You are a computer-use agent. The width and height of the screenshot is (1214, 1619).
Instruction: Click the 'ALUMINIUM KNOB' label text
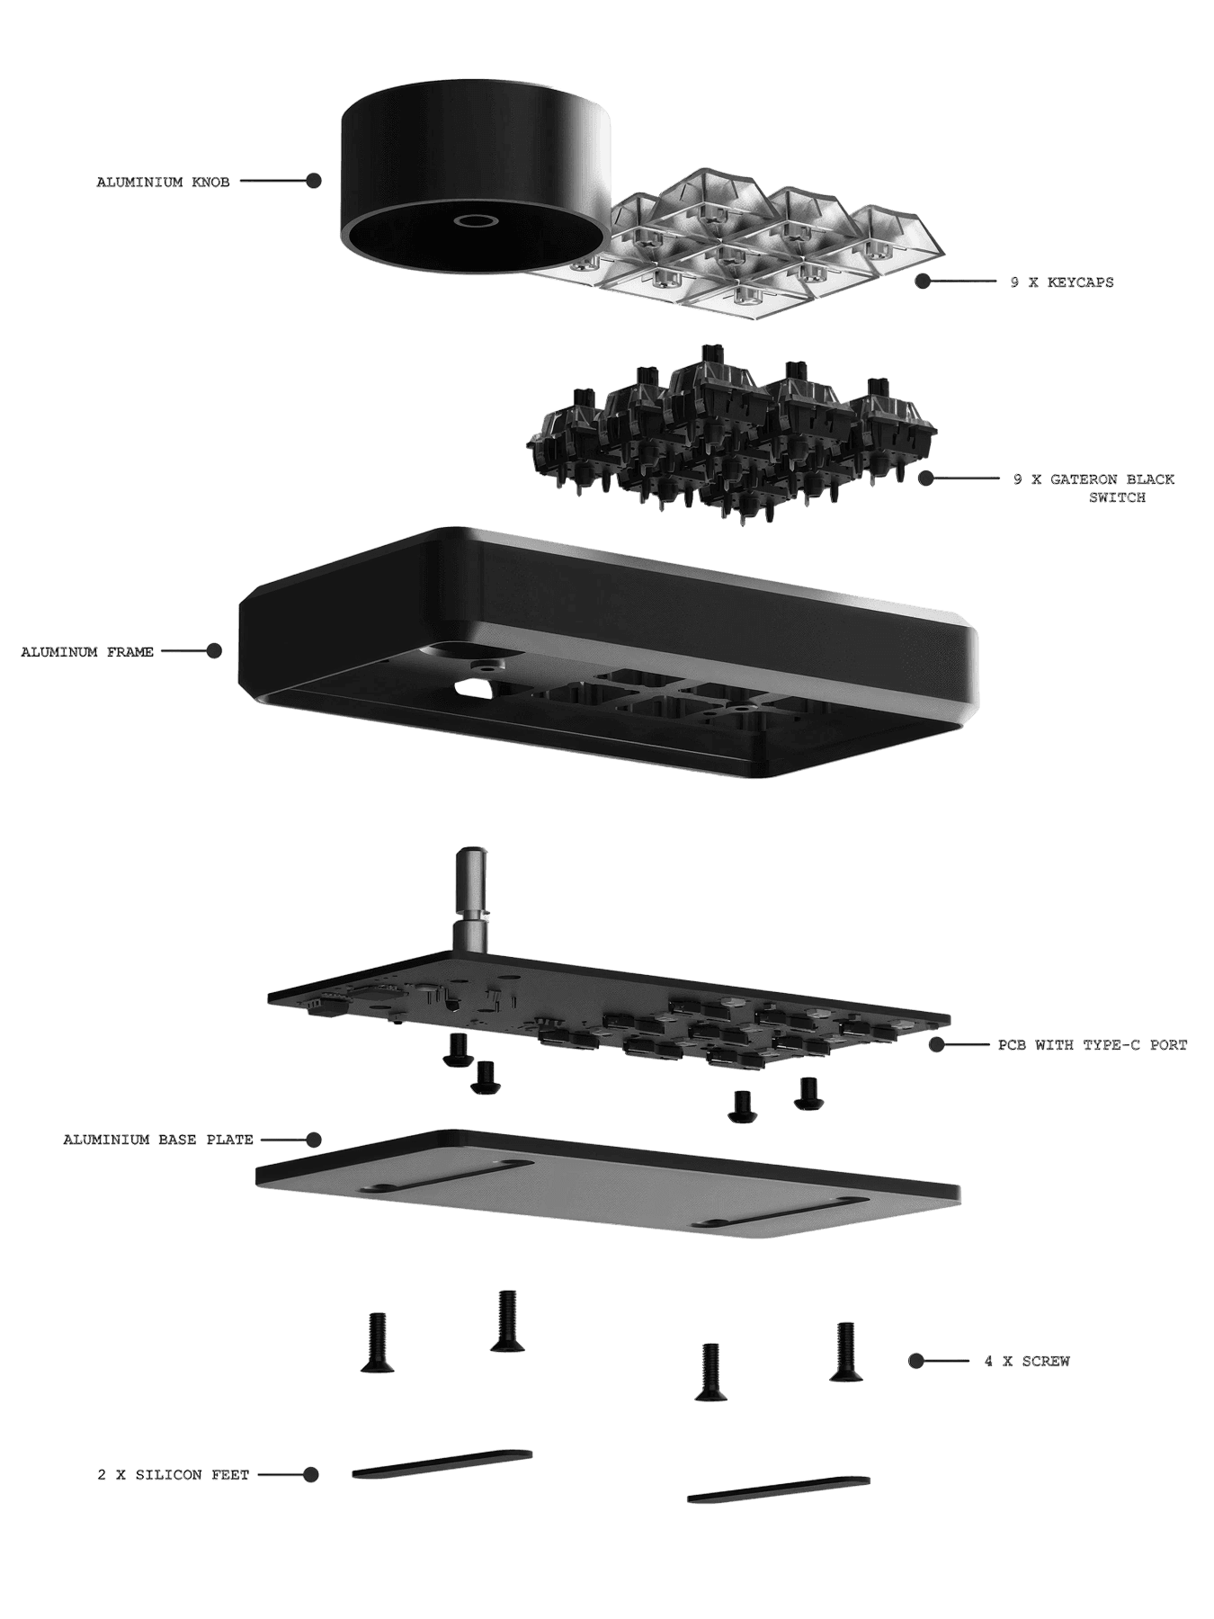pyautogui.click(x=163, y=182)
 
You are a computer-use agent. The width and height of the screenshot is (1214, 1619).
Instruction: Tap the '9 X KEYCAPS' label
pyautogui.click(x=1061, y=282)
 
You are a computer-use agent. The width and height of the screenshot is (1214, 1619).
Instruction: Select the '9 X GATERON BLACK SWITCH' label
pyautogui.click(x=1093, y=487)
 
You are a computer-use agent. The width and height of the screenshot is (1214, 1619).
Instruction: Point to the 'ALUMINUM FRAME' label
pyautogui.click(x=87, y=651)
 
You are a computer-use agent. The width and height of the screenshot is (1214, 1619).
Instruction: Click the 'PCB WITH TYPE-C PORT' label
pyautogui.click(x=1093, y=1044)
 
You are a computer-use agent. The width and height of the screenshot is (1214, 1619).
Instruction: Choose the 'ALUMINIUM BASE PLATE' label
pyautogui.click(x=158, y=1139)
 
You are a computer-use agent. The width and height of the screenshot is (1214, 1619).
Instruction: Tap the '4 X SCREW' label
pyautogui.click(x=1027, y=1361)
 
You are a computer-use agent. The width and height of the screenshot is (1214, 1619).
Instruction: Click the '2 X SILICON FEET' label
pyautogui.click(x=174, y=1474)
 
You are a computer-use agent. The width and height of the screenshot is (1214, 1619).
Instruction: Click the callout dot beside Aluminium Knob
pyautogui.click(x=313, y=181)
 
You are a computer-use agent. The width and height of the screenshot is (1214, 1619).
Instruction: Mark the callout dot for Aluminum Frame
pyautogui.click(x=214, y=650)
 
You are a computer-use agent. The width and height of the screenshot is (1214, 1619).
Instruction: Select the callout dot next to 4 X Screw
pyautogui.click(x=915, y=1361)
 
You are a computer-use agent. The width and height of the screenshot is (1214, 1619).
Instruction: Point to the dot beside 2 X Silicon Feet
pyautogui.click(x=310, y=1474)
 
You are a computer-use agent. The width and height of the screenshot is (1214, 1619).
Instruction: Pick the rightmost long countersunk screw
pyautogui.click(x=845, y=1351)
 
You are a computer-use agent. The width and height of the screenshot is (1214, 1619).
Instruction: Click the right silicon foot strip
pyautogui.click(x=779, y=1489)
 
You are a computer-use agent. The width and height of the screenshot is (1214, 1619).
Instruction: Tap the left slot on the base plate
pyautogui.click(x=446, y=1176)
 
